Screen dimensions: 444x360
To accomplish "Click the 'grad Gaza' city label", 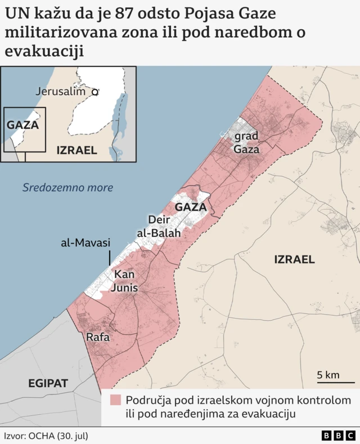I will click(246, 143).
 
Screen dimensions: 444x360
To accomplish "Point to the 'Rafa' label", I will click(98, 338).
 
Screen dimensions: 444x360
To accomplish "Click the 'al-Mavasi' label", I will click(86, 243).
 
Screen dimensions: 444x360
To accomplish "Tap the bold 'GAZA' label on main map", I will click(191, 207).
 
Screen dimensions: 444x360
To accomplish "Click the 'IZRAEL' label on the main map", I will click(294, 259).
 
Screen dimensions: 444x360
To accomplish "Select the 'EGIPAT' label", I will click(48, 383).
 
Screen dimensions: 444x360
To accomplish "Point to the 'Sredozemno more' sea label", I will click(67, 187).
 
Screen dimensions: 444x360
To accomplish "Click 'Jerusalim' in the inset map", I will click(60, 91).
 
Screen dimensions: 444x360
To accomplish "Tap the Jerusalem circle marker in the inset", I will click(95, 91).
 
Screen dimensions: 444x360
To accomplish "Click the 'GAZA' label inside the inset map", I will click(22, 125).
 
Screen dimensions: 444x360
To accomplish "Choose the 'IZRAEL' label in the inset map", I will click(76, 150).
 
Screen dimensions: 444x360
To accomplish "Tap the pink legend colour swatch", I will click(116, 400).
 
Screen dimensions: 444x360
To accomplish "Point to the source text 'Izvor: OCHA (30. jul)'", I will click(46, 436).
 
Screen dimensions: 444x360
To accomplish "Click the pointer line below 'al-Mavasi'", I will click(109, 258).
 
